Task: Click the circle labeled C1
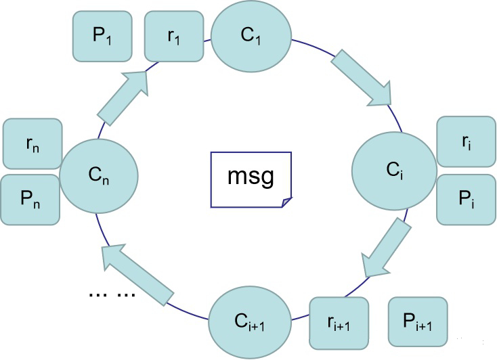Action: pyautogui.click(x=252, y=36)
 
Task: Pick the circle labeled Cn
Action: pyautogui.click(x=99, y=177)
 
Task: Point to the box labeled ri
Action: pyautogui.click(x=466, y=141)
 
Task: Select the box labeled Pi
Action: pyautogui.click(x=466, y=199)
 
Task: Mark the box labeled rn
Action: pyautogui.click(x=33, y=143)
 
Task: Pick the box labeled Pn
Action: pyautogui.click(x=31, y=200)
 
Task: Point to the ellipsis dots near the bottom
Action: pyautogui.click(x=112, y=294)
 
